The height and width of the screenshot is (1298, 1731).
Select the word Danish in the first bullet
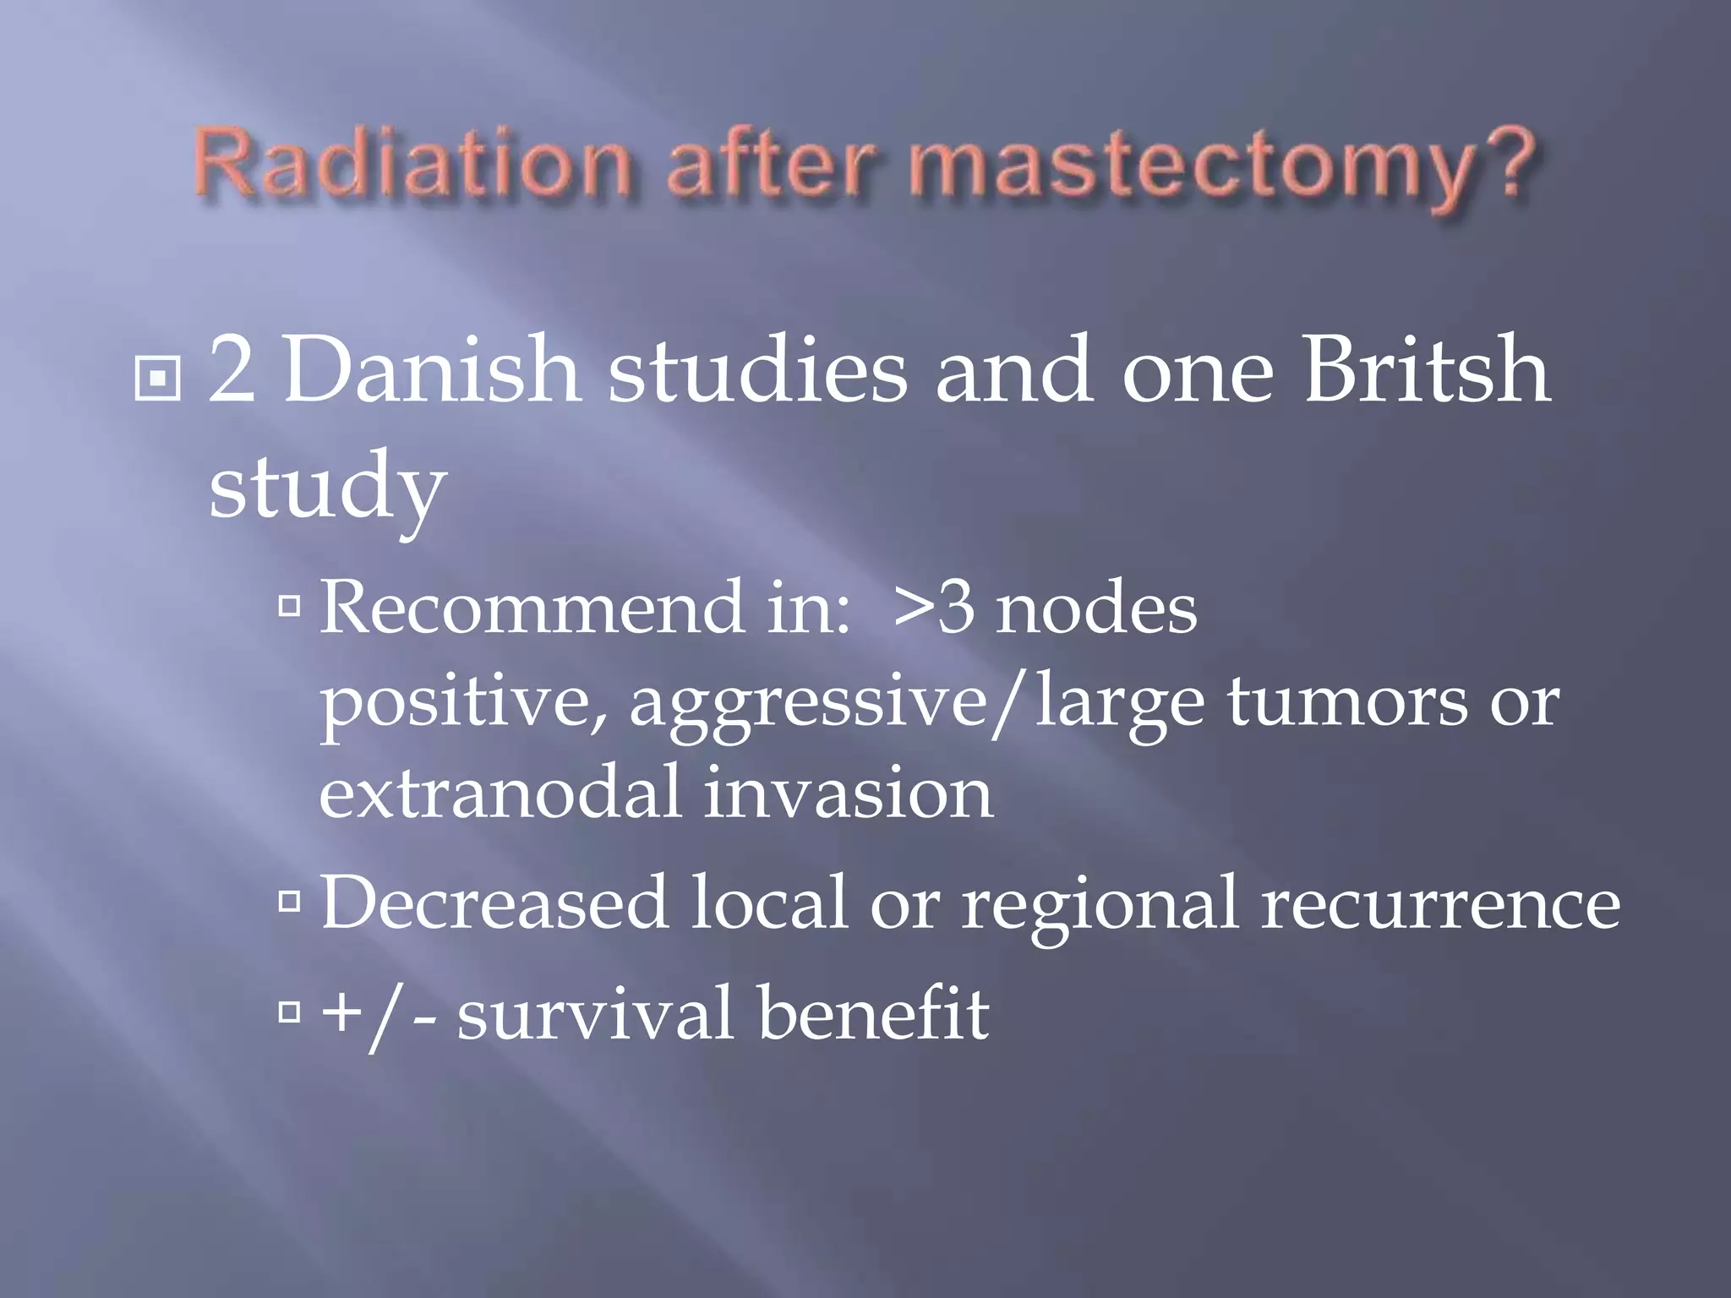coord(431,370)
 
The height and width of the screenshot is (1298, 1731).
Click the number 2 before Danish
coord(232,370)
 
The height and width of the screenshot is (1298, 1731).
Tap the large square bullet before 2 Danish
coord(158,378)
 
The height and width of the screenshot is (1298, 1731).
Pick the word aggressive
coord(807,703)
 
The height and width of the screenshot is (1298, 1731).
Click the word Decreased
coord(494,903)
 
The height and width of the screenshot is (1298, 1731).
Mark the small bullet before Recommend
coord(290,605)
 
